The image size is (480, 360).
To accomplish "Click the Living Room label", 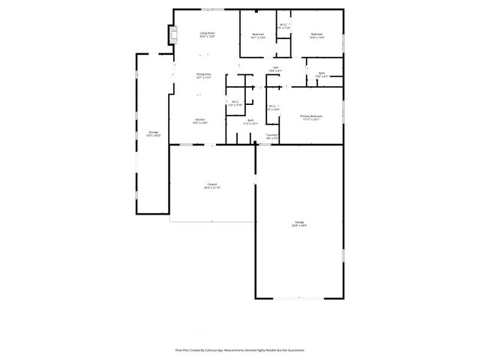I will point(207,34).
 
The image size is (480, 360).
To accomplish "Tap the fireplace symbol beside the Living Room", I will point(173,33).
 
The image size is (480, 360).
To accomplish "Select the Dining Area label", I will point(203,75).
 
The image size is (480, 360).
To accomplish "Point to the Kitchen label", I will point(200,121).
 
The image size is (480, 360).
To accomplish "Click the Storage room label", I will point(153,133).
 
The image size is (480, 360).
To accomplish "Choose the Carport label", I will point(212,186).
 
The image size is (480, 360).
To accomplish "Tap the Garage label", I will point(299,223).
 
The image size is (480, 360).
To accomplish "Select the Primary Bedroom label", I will point(311,117).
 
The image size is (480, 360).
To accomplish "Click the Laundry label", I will point(271,136).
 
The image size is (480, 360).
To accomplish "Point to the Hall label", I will point(275,70).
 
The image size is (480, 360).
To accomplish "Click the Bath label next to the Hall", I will point(321,74).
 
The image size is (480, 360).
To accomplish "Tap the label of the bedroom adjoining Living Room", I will point(258,35).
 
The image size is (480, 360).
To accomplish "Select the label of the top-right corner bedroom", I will point(317,35).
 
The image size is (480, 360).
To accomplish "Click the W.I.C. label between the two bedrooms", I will point(283,27).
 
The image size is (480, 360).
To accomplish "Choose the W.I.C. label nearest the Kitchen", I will point(235,103).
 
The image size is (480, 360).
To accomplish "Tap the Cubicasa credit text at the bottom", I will point(240,349).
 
